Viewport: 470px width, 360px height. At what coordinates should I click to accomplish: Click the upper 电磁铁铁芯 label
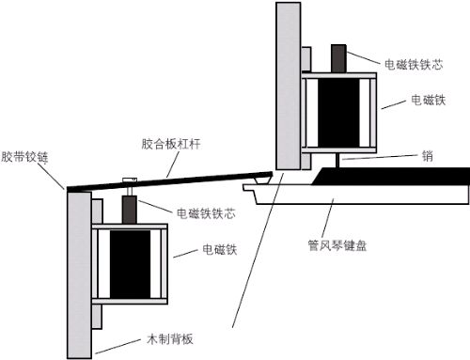click(416, 64)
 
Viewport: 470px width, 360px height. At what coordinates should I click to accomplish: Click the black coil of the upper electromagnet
click(338, 110)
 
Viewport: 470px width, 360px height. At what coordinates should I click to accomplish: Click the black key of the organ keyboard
click(395, 175)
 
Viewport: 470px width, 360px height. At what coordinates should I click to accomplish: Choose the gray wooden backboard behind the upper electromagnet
click(287, 85)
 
